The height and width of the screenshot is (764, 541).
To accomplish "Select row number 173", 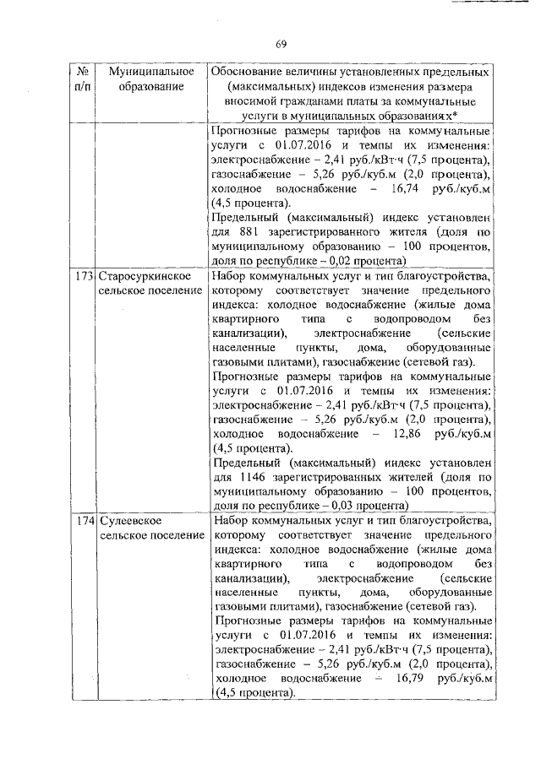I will pos(82,276).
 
